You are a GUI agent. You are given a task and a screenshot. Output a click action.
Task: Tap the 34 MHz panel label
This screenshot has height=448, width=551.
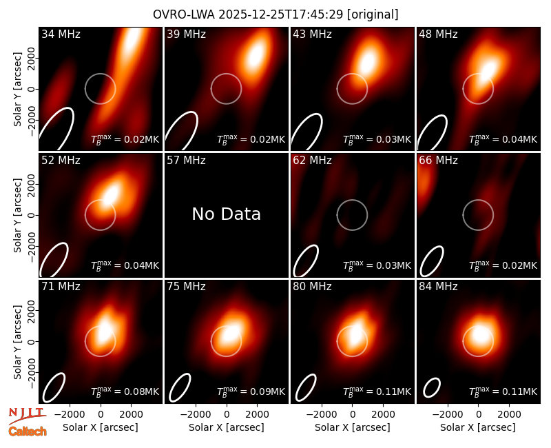click(x=61, y=34)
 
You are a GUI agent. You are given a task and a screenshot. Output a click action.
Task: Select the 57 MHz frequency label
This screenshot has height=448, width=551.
click(x=186, y=161)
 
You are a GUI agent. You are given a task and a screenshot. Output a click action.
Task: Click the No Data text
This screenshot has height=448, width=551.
click(x=227, y=214)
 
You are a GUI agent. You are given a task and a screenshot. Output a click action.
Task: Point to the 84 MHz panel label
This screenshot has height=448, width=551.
click(x=438, y=287)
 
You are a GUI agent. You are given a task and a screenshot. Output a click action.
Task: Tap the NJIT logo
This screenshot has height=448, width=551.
click(x=28, y=415)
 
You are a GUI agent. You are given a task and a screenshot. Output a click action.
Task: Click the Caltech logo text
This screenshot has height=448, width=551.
click(x=28, y=431)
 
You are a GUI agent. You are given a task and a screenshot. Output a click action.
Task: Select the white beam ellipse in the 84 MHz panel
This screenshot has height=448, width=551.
click(x=432, y=388)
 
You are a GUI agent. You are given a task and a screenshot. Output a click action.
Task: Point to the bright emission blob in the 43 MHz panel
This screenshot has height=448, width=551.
click(x=368, y=63)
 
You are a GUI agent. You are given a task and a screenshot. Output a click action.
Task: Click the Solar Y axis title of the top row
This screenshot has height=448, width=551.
click(x=17, y=90)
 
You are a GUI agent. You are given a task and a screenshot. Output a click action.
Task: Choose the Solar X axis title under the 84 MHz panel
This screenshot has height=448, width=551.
click(x=478, y=427)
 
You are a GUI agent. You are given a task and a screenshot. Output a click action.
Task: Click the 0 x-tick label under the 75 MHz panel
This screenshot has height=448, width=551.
click(x=227, y=415)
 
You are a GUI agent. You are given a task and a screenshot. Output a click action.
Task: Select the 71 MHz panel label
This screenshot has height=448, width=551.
click(x=61, y=287)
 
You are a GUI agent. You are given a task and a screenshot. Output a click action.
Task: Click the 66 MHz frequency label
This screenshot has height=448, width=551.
click(x=438, y=161)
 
